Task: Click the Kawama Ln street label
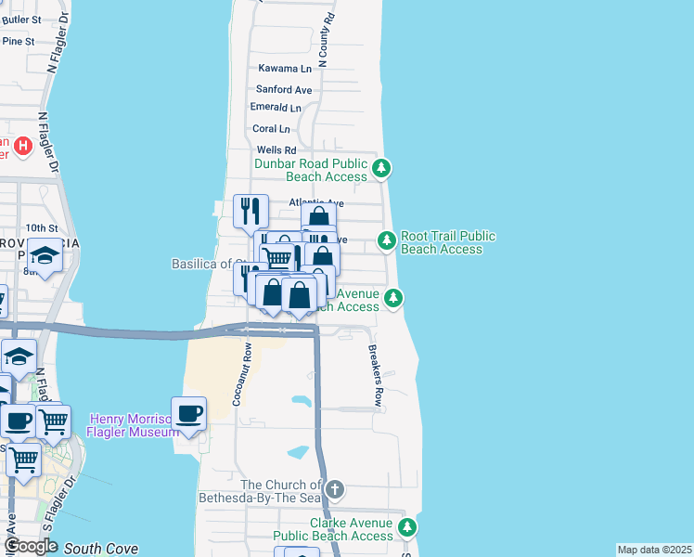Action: click(285, 69)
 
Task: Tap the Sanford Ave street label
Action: click(284, 90)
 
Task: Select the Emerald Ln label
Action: click(276, 108)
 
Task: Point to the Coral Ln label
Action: click(271, 129)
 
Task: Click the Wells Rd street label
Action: click(276, 150)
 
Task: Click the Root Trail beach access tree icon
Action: click(387, 240)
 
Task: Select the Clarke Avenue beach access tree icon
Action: click(406, 528)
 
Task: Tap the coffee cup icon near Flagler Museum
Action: click(189, 413)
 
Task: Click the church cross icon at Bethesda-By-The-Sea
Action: click(335, 488)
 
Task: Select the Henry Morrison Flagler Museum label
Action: click(132, 425)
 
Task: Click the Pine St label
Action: click(18, 41)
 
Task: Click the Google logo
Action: click(31, 547)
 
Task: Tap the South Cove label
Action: click(101, 549)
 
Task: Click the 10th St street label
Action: click(42, 227)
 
